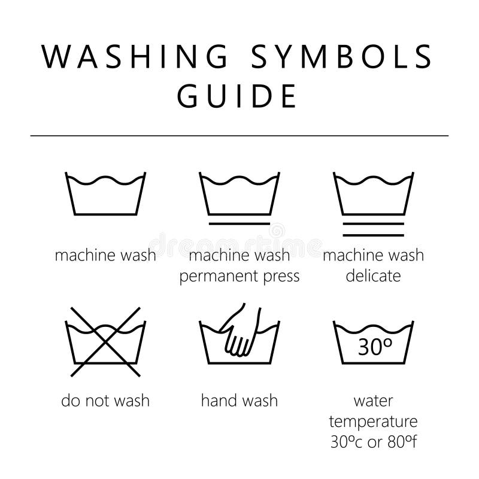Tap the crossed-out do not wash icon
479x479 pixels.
[x=105, y=341]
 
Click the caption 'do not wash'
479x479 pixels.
[x=105, y=400]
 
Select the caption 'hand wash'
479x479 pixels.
[x=239, y=400]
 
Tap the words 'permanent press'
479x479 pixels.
[x=239, y=277]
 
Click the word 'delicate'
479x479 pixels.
[x=373, y=277]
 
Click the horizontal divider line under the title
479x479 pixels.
[x=239, y=136]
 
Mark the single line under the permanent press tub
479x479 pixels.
[x=239, y=223]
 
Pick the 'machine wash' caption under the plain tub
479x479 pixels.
[x=105, y=256]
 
